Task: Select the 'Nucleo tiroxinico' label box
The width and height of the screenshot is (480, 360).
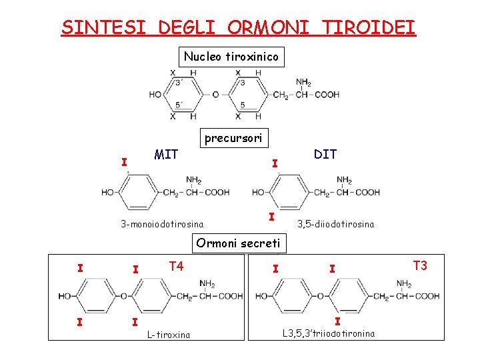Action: click(x=231, y=57)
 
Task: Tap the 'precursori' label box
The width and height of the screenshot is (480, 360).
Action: click(x=233, y=138)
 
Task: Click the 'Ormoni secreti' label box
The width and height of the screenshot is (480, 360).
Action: click(x=238, y=243)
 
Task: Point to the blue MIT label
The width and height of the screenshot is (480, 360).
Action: click(x=166, y=155)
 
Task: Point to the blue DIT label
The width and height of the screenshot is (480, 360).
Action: click(x=325, y=154)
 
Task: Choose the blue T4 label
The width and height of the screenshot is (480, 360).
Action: click(x=176, y=267)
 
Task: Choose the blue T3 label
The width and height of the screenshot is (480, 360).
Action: click(x=420, y=265)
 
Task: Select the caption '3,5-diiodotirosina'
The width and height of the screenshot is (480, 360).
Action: click(x=335, y=224)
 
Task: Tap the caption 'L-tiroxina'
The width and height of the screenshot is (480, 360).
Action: click(x=169, y=335)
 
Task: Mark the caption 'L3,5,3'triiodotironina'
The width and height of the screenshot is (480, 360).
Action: click(x=329, y=333)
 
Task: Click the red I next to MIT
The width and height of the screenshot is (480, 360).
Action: click(x=123, y=161)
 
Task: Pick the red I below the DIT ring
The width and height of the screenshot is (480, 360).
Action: click(x=271, y=217)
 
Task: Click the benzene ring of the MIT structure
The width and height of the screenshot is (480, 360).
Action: click(x=136, y=193)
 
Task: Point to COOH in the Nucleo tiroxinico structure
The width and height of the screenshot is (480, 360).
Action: click(x=327, y=95)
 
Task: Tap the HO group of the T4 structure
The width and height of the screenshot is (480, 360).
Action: click(x=65, y=296)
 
